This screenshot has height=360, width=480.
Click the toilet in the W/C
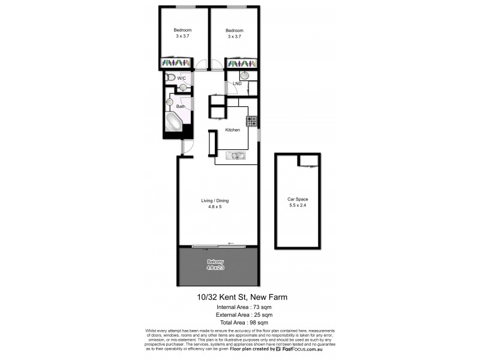[x=170, y=78]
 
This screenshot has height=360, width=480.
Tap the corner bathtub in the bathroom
[x=176, y=122]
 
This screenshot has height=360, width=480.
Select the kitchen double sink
[x=235, y=156]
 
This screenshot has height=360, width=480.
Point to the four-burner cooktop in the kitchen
[x=252, y=121]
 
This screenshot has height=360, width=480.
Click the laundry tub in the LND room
[x=244, y=76]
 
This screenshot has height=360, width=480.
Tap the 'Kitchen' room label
[x=233, y=130]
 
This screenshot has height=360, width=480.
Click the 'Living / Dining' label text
[x=215, y=201]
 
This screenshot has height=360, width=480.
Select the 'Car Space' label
[x=298, y=199]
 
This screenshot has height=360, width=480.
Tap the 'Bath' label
[x=180, y=107]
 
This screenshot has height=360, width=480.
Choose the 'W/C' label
[x=180, y=79]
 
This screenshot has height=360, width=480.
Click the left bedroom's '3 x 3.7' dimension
[x=182, y=37]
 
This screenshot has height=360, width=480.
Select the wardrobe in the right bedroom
[x=242, y=62]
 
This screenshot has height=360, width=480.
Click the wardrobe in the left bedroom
[x=175, y=62]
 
